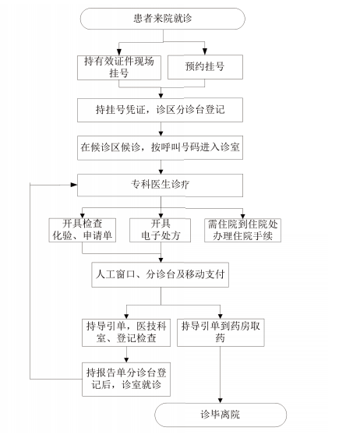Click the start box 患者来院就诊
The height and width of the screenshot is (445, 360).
click(163, 19)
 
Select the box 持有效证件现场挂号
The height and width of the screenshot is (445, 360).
click(119, 68)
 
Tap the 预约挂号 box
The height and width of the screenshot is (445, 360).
click(205, 67)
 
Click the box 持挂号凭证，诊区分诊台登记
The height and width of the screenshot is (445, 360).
click(160, 110)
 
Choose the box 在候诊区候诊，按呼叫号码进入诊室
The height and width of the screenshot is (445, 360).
click(160, 147)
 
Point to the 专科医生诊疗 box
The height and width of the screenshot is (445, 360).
click(160, 185)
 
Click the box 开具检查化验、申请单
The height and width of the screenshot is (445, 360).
click(83, 230)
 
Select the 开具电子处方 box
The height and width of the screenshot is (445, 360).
click(160, 230)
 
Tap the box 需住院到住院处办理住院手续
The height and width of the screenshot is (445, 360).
click(243, 230)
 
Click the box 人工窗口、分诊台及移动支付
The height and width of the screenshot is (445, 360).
click(160, 275)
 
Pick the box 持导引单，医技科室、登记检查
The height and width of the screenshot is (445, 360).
click(126, 333)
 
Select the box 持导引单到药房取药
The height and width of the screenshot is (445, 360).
click(221, 333)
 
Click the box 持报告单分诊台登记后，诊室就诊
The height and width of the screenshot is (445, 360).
click(126, 380)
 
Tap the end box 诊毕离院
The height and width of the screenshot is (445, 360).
click(221, 415)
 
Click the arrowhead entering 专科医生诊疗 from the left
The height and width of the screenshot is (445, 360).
click(74, 185)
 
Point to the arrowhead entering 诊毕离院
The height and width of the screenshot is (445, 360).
click(221, 400)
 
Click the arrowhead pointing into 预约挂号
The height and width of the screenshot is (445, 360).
click(205, 51)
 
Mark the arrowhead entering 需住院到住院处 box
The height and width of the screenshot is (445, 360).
click(242, 215)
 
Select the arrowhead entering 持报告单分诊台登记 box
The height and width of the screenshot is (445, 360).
click(126, 359)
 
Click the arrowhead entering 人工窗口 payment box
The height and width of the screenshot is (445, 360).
click(161, 260)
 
